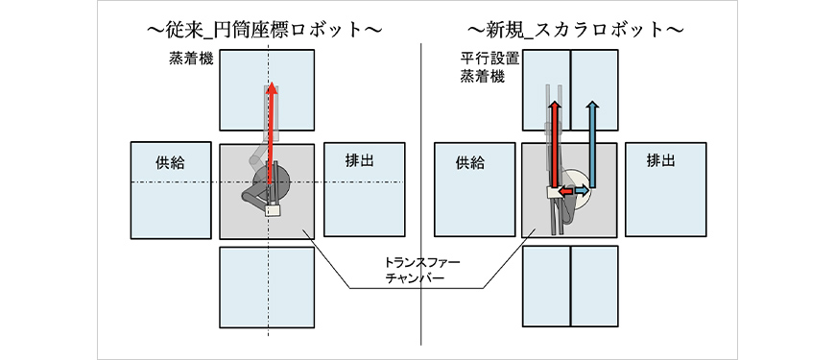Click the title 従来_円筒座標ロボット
pos(265,30)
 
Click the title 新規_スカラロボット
pos(576,30)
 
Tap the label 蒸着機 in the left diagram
pos(191,59)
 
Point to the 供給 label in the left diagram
pos(171,162)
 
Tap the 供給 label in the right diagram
pos(470,163)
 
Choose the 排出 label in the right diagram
pos(661,159)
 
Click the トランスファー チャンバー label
pos(415,271)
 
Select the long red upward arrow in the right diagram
pos(555,144)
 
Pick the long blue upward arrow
pos(591,144)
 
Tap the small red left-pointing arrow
pos(565,190)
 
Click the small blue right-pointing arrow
pos(582,190)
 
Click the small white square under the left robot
pos(273,210)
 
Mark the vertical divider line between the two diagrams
pos(421,194)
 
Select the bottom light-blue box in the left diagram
pos(267,287)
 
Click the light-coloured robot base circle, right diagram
pos(577,189)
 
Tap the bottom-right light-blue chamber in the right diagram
pos(594,286)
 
